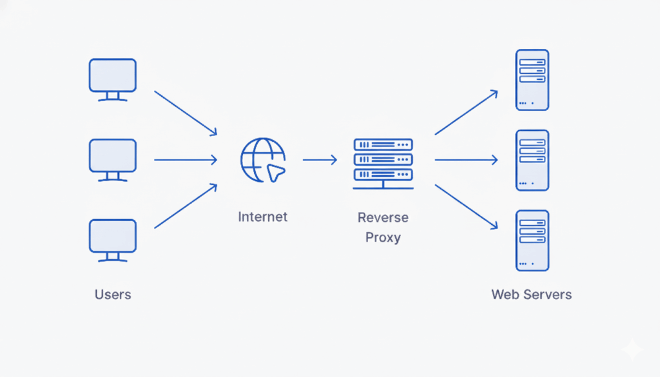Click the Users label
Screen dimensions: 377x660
coord(113,295)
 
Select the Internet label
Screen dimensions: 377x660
coord(262,217)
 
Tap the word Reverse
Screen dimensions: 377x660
coord(383,217)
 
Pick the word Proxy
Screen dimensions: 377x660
coord(383,237)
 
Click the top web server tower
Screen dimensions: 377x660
coord(532,79)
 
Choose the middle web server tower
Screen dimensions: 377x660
coord(532,160)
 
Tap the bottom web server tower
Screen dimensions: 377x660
coord(532,240)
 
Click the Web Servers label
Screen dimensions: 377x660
coord(531,295)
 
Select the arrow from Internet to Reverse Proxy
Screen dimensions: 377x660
coord(320,160)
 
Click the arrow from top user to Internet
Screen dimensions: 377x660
coord(186,113)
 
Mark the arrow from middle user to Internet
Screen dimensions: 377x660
coord(185,160)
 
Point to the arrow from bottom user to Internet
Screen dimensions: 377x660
coord(186,206)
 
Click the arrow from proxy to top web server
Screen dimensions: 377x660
coord(466,112)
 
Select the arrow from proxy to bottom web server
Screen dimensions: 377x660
coord(466,207)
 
